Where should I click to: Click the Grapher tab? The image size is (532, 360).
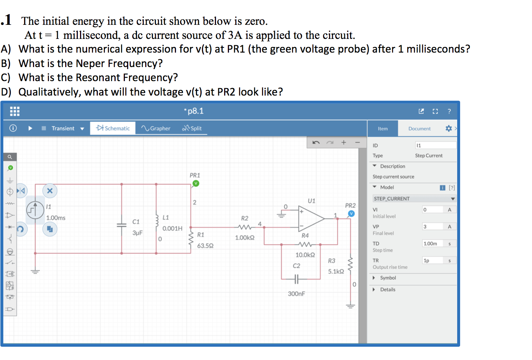(x=156, y=128)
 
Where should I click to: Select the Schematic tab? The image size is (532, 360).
(x=113, y=128)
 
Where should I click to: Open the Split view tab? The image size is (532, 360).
(x=192, y=128)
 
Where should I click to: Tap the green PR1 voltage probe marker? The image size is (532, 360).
(x=196, y=183)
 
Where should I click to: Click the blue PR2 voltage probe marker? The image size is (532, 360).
(x=351, y=213)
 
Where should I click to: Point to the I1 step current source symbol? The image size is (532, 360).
(x=35, y=210)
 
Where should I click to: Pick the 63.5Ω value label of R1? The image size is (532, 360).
(x=205, y=246)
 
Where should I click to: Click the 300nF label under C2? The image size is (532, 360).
(x=296, y=294)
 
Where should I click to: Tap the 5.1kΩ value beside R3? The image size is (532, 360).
(x=336, y=271)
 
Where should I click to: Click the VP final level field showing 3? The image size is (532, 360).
(x=433, y=227)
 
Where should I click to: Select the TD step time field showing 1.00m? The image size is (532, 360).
(x=433, y=244)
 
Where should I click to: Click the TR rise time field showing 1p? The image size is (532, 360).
(x=433, y=261)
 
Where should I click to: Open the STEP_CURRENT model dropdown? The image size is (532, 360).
(x=414, y=199)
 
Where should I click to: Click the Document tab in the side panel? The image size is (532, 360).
(x=419, y=129)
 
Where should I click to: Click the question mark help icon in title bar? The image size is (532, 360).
(x=449, y=111)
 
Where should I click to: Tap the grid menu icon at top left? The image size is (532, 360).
(x=14, y=111)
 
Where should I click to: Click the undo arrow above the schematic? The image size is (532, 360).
(x=316, y=143)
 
